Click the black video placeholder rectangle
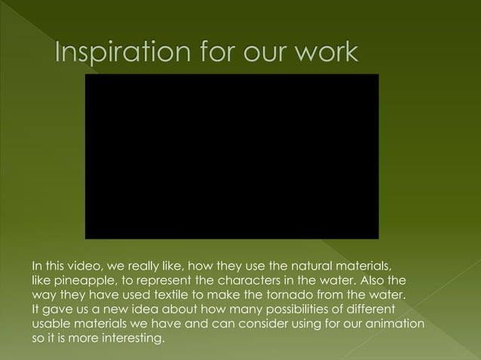click(231, 156)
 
